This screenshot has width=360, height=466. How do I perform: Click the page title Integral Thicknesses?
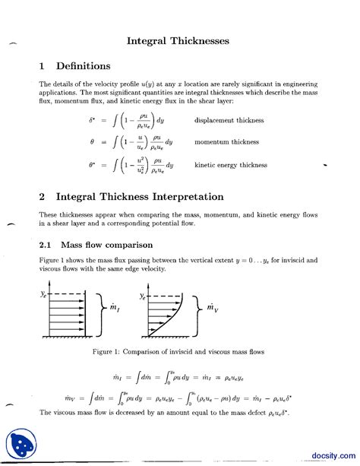coord(178,40)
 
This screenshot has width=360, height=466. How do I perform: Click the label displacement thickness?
coord(229,120)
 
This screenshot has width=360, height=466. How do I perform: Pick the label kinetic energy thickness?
coord(232,164)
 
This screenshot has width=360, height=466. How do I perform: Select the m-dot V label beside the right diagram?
coord(214,308)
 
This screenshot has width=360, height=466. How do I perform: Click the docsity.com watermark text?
coord(330,455)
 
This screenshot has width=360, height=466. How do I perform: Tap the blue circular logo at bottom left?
coord(22,445)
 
